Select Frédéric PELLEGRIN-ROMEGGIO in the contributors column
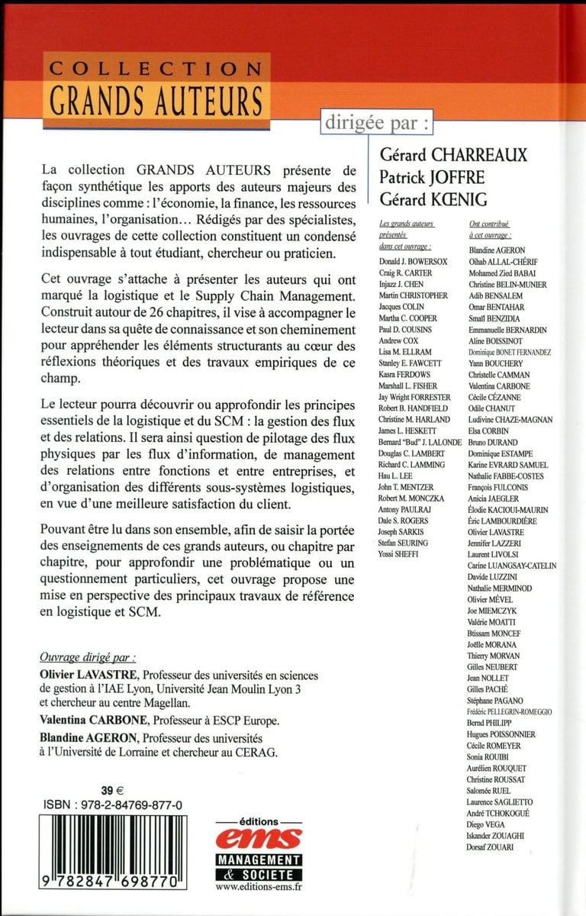(x=509, y=711)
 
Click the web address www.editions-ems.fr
(x=259, y=889)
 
